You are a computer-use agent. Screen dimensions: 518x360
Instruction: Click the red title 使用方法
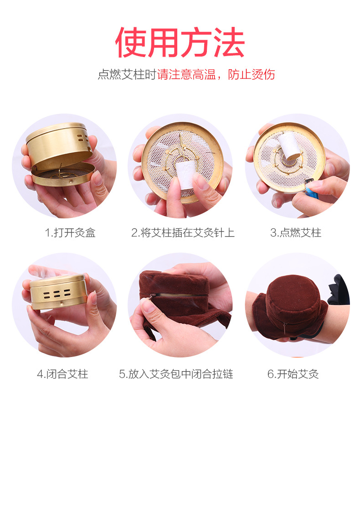click(x=180, y=42)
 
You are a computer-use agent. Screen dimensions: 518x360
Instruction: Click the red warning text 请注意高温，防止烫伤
click(x=216, y=74)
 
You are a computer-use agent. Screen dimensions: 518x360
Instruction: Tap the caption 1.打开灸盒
click(x=70, y=233)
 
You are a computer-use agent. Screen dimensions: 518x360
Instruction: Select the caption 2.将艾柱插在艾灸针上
click(x=183, y=233)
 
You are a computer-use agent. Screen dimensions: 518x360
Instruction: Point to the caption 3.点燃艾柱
click(x=295, y=233)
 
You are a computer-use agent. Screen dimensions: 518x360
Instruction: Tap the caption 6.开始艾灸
click(x=293, y=374)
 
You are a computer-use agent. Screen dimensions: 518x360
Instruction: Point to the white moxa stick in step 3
click(x=287, y=145)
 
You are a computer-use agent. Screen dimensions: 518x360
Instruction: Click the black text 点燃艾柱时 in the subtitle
click(x=127, y=74)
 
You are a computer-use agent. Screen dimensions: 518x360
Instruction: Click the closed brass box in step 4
click(x=57, y=292)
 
